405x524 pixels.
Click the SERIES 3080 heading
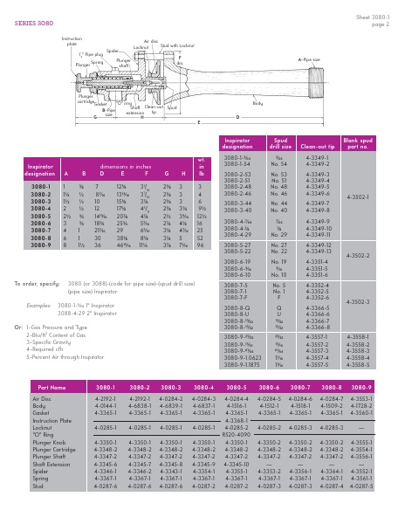(33, 24)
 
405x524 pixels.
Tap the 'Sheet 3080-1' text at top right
(373, 15)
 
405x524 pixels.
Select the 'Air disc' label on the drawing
(151, 41)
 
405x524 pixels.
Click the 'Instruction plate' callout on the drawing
(72, 40)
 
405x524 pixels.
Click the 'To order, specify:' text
(37, 284)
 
